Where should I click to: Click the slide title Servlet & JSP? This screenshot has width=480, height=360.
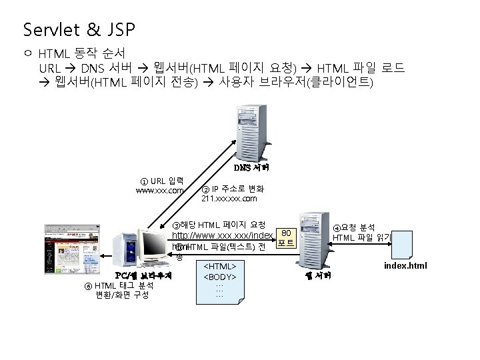pyautogui.click(x=79, y=30)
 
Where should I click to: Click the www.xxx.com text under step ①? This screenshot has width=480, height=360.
pyautogui.click(x=160, y=191)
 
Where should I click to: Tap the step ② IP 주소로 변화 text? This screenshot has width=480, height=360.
pyautogui.click(x=233, y=189)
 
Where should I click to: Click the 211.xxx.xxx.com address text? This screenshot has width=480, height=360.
pyautogui.click(x=229, y=199)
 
